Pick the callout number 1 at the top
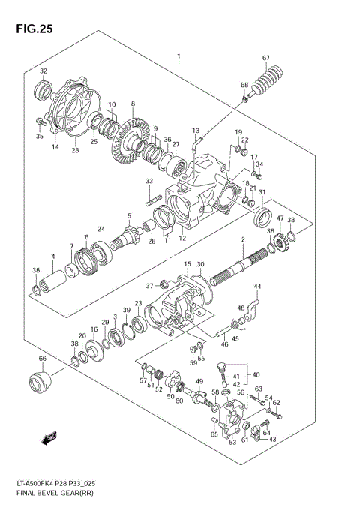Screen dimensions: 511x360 (178, 57)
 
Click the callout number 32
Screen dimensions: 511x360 (43, 71)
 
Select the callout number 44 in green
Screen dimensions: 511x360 (256, 287)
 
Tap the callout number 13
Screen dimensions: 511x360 (195, 131)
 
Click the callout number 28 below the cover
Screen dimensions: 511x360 (75, 151)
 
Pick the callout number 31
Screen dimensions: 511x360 (262, 192)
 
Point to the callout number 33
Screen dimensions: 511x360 (149, 181)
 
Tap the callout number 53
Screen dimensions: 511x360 (232, 443)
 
